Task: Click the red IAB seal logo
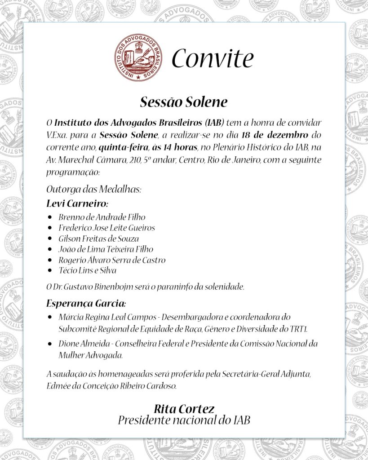click(x=137, y=58)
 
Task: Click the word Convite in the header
click(x=213, y=58)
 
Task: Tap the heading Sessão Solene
click(x=184, y=102)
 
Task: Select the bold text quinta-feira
click(x=123, y=147)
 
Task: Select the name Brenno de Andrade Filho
click(x=102, y=217)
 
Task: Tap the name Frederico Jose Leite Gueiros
click(x=106, y=228)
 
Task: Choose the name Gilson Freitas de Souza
click(x=98, y=239)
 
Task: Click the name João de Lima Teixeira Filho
click(x=106, y=249)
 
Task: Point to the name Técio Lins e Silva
click(x=87, y=270)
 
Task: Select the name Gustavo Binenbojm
click(x=93, y=287)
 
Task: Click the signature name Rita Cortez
click(x=184, y=409)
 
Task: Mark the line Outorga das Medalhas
click(x=93, y=190)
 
